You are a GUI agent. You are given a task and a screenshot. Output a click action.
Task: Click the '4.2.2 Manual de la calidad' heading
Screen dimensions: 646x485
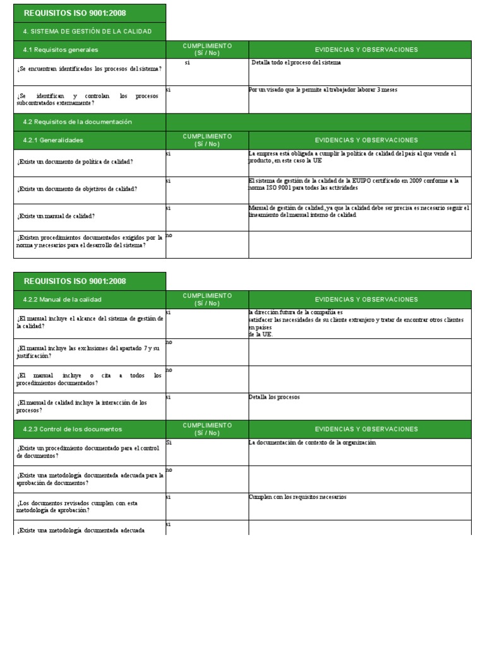point(62,300)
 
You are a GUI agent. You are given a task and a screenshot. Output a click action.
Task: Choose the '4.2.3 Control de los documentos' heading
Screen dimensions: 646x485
point(72,429)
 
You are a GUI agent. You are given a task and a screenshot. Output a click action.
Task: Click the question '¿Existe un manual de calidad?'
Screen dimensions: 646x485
point(57,216)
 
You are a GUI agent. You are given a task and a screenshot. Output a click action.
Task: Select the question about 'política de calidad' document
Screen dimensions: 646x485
point(75,162)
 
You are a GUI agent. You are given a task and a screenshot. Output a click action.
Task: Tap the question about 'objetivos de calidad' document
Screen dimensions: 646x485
point(78,189)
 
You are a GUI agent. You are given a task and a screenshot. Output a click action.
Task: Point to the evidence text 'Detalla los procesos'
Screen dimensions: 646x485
point(274,397)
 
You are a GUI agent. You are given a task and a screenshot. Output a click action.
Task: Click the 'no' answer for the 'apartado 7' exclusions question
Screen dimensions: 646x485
point(169,342)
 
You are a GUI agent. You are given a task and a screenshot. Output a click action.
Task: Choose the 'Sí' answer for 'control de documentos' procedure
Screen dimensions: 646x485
point(169,443)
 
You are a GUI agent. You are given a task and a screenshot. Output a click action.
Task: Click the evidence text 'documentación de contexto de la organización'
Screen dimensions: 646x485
point(312,443)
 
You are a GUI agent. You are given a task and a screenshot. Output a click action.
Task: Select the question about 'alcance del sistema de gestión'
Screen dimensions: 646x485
point(90,323)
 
